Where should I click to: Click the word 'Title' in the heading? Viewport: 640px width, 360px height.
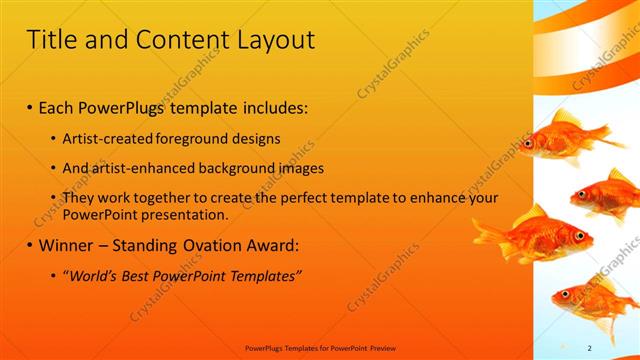50,41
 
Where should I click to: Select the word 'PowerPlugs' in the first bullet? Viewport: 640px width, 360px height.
129,105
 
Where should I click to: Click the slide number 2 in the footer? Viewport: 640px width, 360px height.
590,347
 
